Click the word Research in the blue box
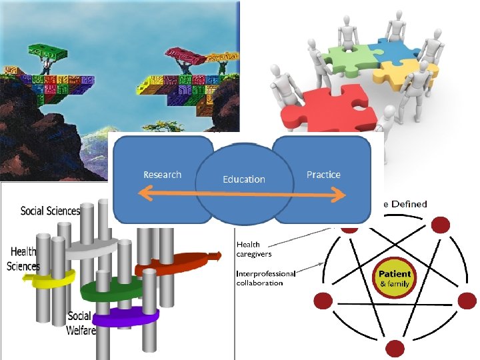162,175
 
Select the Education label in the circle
243,179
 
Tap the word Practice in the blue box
323,175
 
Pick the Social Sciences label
50,211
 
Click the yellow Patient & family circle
395,279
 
